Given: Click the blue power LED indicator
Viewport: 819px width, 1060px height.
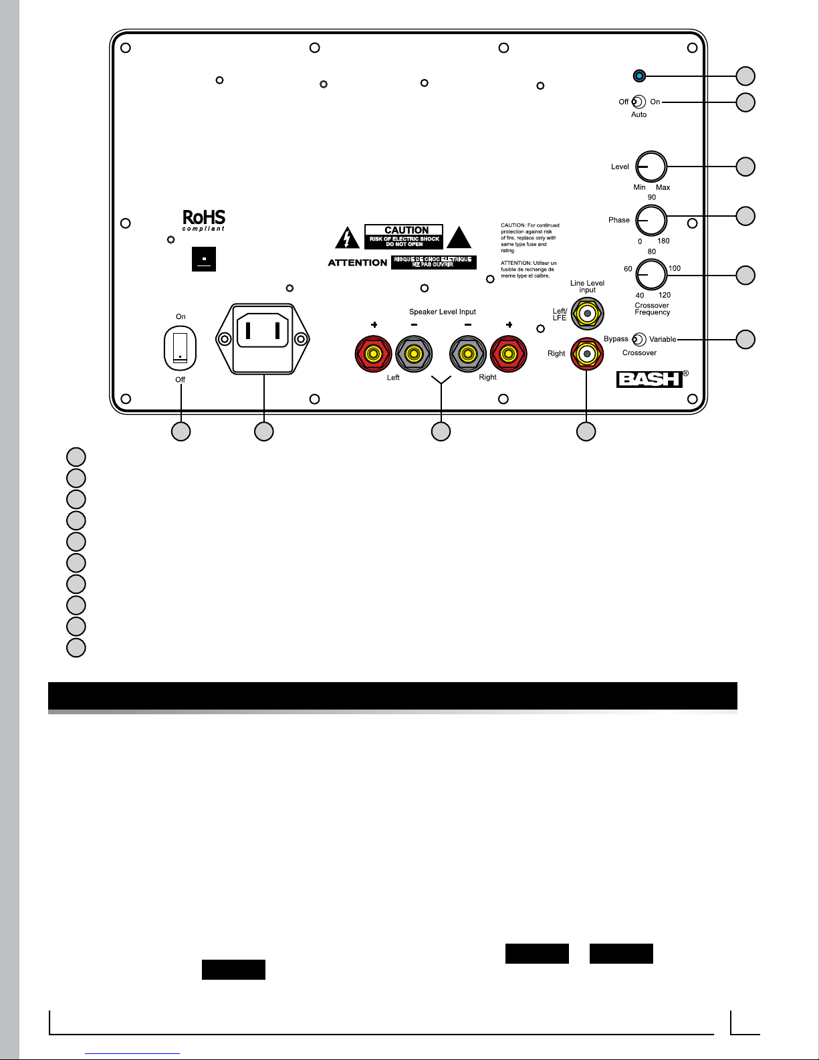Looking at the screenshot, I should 640,76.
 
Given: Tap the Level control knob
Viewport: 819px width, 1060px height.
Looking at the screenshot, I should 651,167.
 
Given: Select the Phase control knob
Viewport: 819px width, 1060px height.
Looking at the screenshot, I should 651,220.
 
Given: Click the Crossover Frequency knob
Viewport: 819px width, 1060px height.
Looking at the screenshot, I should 651,274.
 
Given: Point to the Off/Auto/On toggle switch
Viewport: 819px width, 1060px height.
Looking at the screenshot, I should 638,102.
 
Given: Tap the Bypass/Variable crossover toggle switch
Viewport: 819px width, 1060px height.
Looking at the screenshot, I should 639,340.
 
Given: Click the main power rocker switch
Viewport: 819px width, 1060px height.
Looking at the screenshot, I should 181,348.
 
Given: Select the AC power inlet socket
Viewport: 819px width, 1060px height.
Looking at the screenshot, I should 263,338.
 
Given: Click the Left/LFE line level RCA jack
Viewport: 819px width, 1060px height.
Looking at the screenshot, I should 587,313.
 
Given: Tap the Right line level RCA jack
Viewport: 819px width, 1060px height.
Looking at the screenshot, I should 587,353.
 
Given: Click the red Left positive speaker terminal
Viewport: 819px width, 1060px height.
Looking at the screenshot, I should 373,353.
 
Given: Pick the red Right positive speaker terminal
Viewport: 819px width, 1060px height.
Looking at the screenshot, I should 509,353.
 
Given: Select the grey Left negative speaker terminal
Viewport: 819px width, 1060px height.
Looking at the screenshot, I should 414,353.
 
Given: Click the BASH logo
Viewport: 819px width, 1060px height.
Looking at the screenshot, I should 650,379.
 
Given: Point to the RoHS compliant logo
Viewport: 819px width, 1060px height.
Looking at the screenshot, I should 204,219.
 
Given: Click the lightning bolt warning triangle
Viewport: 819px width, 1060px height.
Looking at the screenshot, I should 347,238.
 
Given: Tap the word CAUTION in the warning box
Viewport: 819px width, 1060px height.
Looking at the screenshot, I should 406,230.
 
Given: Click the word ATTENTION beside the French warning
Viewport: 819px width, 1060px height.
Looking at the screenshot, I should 358,263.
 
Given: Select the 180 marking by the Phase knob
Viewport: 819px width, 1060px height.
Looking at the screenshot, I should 663,241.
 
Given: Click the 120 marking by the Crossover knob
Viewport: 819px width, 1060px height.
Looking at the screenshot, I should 665,295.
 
